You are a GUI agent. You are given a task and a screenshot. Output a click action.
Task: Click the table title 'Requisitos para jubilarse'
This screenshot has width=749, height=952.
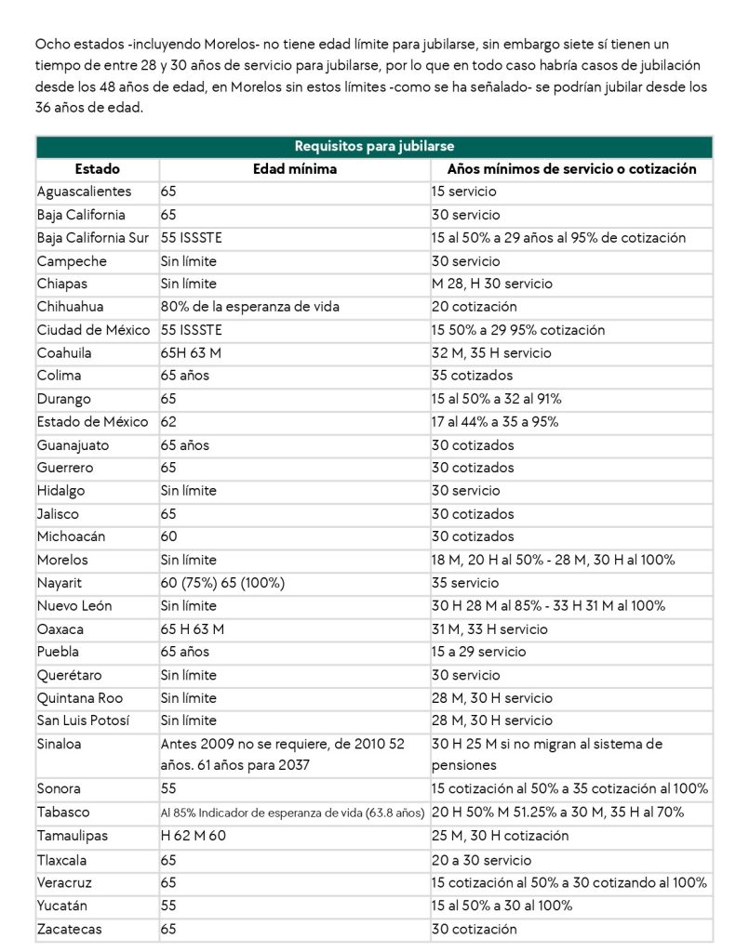(374, 147)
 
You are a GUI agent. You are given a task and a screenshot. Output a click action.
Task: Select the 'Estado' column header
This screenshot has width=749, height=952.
(98, 169)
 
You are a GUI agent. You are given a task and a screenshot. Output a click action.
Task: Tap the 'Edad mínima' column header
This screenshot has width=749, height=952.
(295, 169)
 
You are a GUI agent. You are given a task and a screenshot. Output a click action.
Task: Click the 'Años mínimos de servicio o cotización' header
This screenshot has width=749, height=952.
(571, 169)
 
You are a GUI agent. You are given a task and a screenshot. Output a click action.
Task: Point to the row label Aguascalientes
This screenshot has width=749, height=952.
(85, 192)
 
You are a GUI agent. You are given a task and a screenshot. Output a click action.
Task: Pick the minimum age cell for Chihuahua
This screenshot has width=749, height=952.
(249, 307)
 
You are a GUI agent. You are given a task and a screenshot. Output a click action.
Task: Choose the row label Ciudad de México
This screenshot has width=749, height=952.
(93, 330)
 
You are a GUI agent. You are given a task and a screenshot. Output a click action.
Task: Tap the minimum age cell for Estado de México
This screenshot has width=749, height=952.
(168, 422)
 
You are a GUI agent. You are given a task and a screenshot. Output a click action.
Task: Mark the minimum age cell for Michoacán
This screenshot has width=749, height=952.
(168, 536)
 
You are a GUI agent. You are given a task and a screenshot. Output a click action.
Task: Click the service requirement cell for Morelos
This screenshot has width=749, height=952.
(553, 560)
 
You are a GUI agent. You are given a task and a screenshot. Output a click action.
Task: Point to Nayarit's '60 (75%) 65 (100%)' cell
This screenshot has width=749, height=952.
(222, 583)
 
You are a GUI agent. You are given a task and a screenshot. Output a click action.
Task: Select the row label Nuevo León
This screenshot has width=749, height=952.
(74, 606)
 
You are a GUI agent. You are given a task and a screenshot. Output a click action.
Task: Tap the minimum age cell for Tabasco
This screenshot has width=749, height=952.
(292, 813)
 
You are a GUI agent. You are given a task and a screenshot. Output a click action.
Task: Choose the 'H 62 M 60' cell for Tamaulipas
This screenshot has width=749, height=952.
(193, 836)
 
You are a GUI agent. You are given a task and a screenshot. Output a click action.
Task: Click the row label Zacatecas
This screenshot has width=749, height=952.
(70, 928)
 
